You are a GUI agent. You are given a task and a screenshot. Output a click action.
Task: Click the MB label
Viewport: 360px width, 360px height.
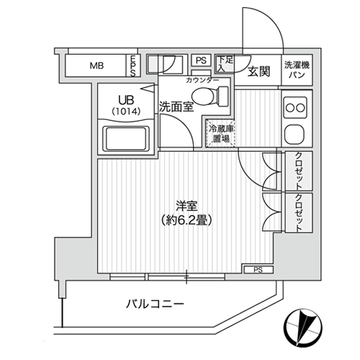click(96, 66)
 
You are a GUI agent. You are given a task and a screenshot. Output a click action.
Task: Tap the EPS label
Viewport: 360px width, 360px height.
click(132, 66)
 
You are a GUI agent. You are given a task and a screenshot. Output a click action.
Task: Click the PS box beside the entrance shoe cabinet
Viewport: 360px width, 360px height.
click(201, 60)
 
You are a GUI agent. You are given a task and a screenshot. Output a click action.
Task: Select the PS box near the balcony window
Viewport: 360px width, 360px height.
click(258, 269)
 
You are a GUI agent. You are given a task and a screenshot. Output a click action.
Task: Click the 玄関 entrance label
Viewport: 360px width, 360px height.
click(259, 71)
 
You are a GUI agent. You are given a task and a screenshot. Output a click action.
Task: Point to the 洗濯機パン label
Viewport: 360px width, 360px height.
click(297, 70)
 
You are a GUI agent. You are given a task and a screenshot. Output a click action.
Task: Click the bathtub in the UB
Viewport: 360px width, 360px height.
click(126, 140)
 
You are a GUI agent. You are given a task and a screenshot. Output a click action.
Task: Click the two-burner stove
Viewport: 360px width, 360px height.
click(296, 107)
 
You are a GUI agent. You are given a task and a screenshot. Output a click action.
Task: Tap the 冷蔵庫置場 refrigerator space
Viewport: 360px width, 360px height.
click(220, 133)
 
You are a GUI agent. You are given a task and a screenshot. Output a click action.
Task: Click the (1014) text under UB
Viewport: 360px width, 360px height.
click(126, 111)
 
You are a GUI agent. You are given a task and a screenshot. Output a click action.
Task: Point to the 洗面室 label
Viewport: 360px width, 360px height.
click(176, 107)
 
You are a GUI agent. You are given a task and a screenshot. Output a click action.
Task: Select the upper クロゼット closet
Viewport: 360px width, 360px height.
click(299, 171)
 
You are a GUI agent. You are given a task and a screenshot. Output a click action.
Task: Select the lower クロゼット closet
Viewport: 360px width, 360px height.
click(299, 212)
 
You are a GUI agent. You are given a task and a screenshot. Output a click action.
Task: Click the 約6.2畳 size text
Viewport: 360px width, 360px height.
click(186, 220)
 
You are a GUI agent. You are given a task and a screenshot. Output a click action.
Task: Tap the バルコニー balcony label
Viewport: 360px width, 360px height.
click(155, 305)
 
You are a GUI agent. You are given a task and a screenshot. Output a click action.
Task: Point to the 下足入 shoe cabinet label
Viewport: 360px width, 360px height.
click(224, 63)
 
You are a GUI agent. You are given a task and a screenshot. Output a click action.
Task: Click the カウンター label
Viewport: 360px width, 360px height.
click(202, 81)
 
